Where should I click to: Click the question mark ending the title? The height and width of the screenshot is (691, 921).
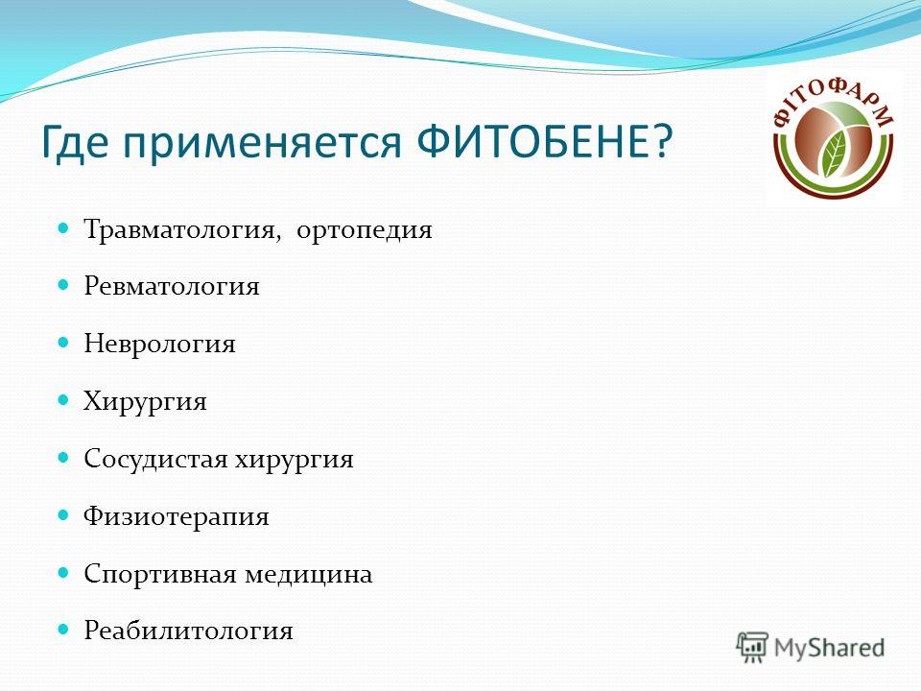662,141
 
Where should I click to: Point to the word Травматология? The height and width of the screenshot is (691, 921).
179,229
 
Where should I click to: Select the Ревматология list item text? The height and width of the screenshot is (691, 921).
172,286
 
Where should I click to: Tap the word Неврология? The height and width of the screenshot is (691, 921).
159,344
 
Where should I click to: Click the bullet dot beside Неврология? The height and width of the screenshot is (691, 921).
63,342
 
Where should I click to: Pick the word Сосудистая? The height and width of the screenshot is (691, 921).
155,459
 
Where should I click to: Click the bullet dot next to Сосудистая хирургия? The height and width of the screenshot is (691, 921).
63,457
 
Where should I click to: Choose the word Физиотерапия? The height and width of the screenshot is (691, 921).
177,516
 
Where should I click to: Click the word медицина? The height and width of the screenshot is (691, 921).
309,574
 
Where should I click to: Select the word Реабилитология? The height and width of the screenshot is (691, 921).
188,631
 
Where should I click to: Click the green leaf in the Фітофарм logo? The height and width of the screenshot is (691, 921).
833,154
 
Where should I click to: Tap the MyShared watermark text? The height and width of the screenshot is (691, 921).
829,648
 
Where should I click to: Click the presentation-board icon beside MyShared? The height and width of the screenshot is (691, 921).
752,647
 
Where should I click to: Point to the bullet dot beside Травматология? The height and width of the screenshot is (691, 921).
63,227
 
